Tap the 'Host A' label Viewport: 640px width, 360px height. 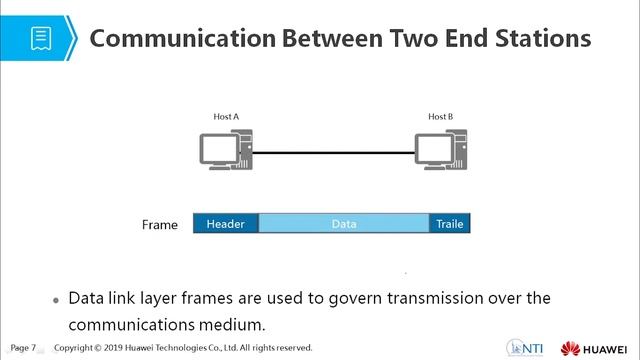[226, 117]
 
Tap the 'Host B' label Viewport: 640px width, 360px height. [440, 117]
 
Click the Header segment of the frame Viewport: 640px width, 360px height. [225, 224]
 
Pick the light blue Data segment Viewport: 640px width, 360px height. [344, 224]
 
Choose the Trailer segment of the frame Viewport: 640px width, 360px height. [449, 224]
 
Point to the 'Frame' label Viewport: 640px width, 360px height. [160, 225]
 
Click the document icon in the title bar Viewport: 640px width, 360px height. [41, 38]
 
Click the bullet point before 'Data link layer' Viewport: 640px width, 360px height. [55, 300]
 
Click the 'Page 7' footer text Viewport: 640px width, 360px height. [23, 347]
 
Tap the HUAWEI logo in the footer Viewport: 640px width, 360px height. [596, 347]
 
